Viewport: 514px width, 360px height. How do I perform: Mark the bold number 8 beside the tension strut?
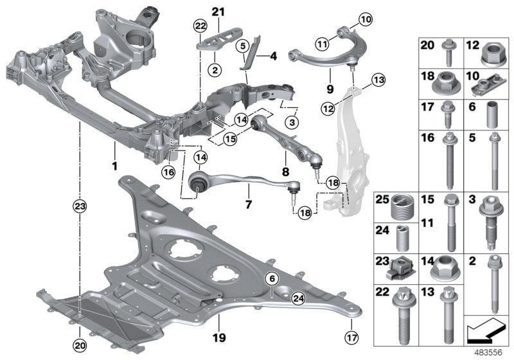click(285, 172)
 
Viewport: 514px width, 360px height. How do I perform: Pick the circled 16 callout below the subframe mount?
click(168, 172)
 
